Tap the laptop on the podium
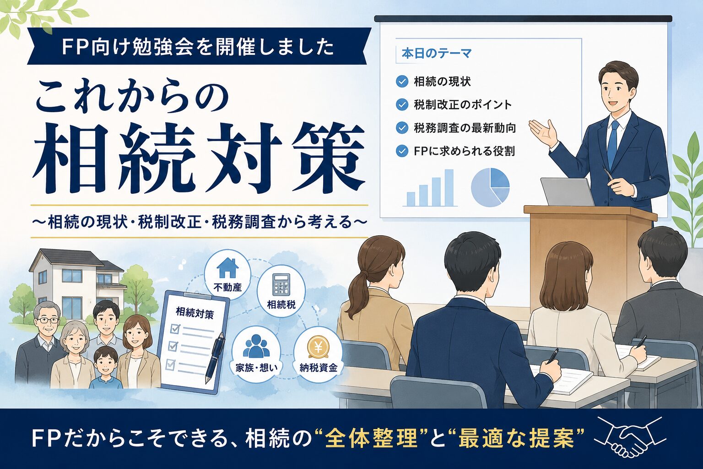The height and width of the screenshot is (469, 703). click(567, 192)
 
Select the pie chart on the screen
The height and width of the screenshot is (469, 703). click(490, 187)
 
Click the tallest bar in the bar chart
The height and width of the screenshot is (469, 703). click(449, 187)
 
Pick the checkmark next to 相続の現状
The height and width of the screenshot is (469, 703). click(402, 82)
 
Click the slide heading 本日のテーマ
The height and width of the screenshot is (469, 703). click(436, 54)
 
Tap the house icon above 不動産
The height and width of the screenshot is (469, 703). click(228, 268)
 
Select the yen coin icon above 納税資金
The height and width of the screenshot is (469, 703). click(318, 348)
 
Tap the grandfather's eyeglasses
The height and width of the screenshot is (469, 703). click(48, 321)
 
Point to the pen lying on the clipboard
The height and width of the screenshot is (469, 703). click(215, 358)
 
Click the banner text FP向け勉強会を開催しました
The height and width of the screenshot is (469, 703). click(198, 48)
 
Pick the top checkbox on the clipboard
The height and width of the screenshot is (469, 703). click(174, 329)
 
